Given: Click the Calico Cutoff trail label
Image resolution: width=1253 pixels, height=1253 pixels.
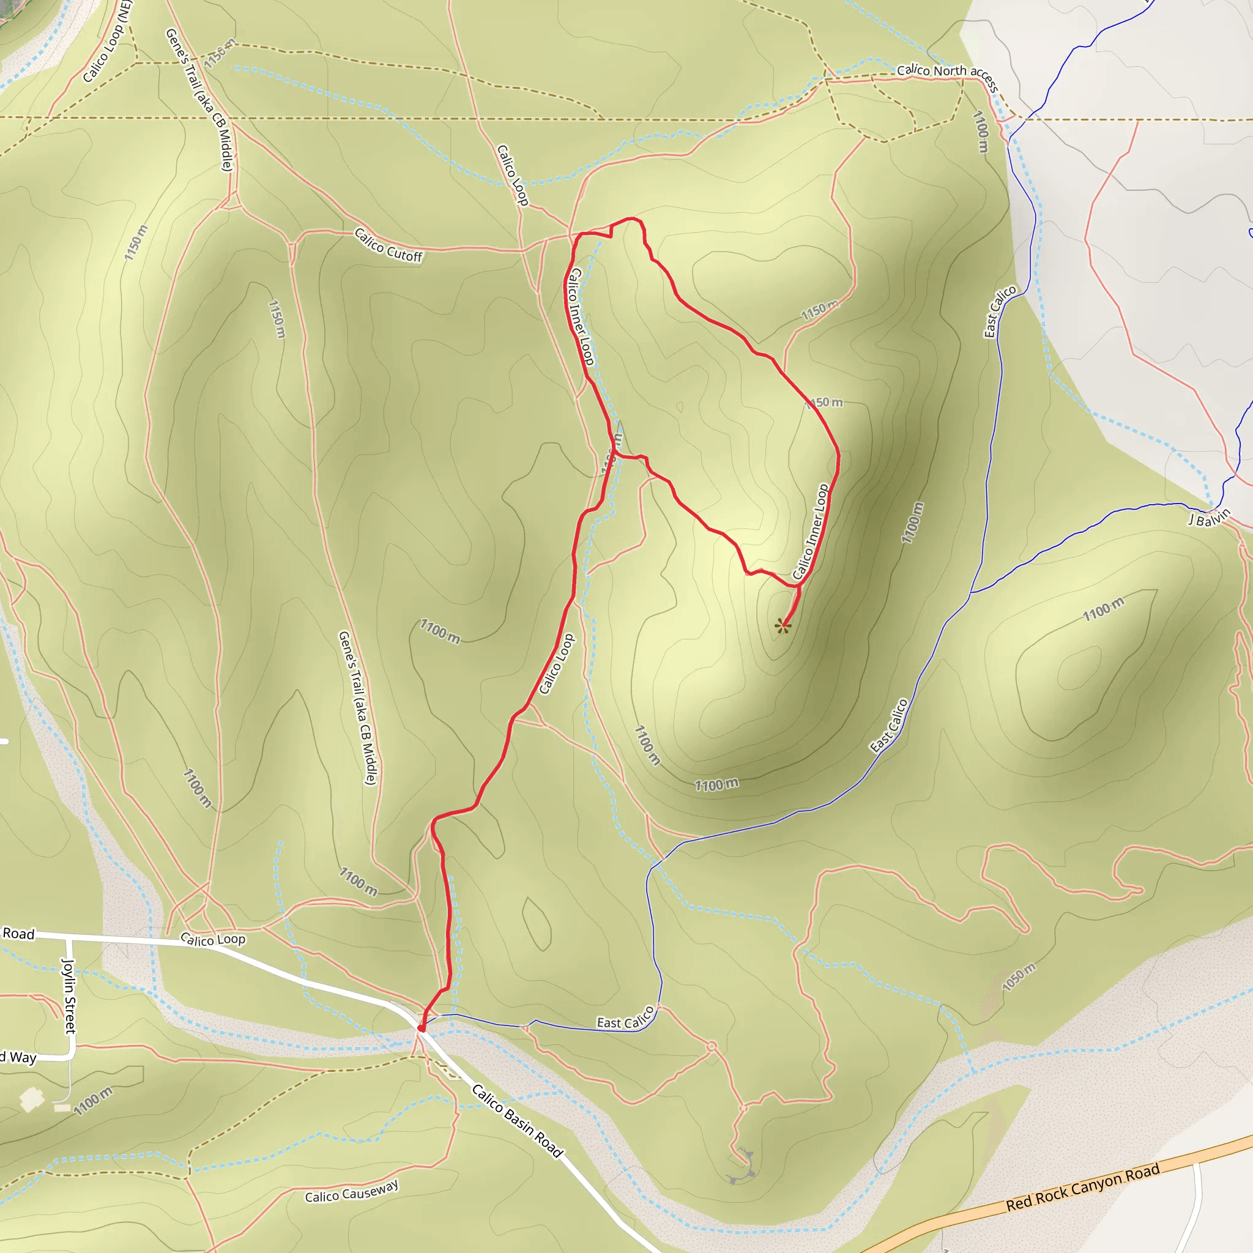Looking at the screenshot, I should tap(389, 245).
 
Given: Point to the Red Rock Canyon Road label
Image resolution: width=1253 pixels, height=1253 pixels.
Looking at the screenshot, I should tap(1082, 1188).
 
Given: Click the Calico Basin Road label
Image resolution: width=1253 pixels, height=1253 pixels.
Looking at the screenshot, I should tap(517, 1120).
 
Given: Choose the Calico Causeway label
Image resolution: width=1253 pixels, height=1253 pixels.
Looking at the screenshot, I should tap(352, 1191).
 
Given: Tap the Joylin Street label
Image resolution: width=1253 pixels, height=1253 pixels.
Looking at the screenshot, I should tap(68, 995).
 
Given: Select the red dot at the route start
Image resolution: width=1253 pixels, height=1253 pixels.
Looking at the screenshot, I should tap(422, 1028).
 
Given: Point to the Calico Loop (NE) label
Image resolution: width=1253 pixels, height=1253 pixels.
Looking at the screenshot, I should tap(108, 42).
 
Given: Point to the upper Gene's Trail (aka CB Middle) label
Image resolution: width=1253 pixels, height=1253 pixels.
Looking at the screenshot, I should tap(199, 100).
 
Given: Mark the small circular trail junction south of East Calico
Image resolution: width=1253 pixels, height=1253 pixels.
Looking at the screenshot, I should tap(712, 1046).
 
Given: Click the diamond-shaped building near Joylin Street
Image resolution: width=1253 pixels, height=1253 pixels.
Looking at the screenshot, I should tap(31, 1100).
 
